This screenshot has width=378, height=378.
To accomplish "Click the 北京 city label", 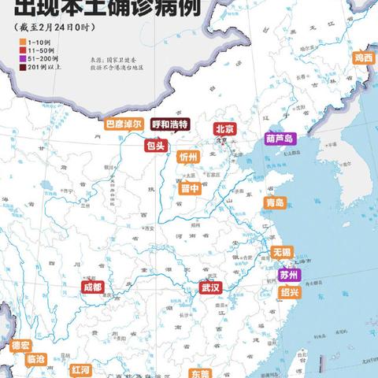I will tap(224, 128).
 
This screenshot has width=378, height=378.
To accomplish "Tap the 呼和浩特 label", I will tap(170, 124).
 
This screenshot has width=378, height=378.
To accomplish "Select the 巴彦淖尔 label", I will tap(124, 124).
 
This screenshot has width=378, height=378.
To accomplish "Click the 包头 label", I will tap(154, 146).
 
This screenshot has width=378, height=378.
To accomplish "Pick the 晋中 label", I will tap(190, 187).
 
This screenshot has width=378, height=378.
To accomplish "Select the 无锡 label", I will tap(281, 252).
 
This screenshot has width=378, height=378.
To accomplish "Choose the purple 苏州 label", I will tap(289, 276).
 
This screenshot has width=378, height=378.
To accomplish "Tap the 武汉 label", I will tap(209, 287).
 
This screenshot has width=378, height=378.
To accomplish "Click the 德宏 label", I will tap(20, 345).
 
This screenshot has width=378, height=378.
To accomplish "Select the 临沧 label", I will tap(36, 359).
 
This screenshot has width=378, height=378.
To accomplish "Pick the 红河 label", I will tap(80, 369).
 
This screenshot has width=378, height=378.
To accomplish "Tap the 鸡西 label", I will tap(363, 57).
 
